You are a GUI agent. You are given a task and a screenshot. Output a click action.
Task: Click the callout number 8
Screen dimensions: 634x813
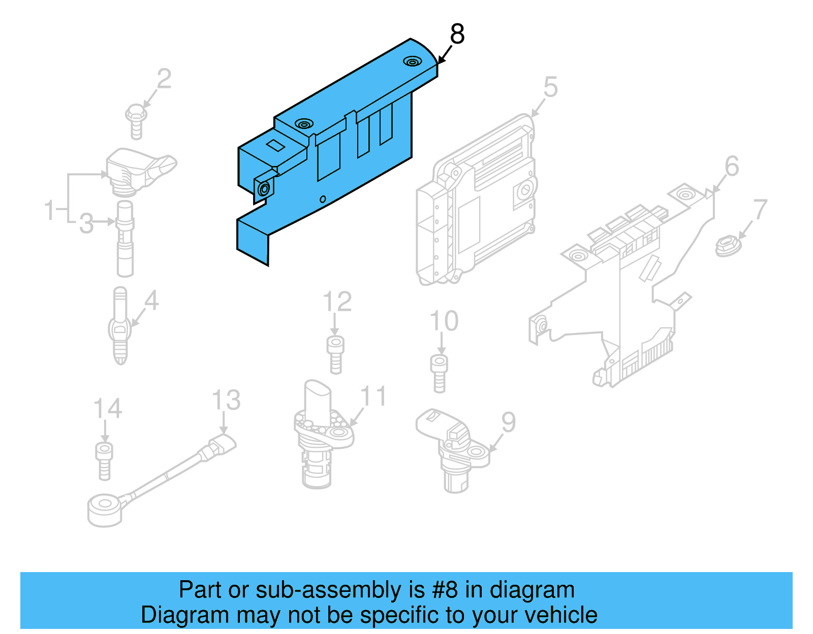457,34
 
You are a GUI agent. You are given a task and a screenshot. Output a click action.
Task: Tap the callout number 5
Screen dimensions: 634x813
550,87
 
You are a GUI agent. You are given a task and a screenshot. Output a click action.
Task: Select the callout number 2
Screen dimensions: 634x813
164,80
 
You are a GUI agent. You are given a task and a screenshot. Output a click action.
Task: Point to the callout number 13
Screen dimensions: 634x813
226,401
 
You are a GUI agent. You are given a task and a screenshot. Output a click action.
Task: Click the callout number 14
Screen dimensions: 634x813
108,409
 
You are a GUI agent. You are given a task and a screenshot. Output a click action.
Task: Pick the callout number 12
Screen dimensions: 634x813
337,302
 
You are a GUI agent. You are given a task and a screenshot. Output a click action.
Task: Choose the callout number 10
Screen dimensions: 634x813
444,321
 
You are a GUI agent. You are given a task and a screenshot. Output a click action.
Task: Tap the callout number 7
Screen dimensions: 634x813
760,210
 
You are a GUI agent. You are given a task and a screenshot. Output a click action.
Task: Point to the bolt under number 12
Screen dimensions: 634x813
335,354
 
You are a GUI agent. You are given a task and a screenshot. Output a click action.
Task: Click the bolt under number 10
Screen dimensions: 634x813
440,373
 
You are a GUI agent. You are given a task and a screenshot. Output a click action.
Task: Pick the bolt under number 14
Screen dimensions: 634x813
104,460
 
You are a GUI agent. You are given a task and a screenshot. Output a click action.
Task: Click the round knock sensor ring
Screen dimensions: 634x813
105,509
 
